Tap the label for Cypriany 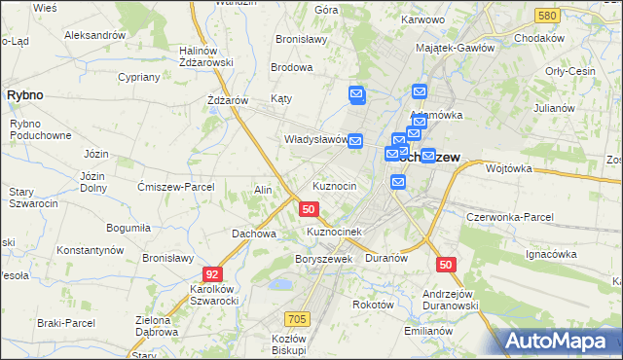(x=138, y=76)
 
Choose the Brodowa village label (x=291, y=68)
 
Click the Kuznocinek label (x=335, y=232)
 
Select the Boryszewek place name (x=322, y=259)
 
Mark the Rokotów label (x=373, y=304)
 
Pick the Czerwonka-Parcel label (x=510, y=217)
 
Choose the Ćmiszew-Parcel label (x=177, y=187)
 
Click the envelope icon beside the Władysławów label (x=355, y=141)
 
